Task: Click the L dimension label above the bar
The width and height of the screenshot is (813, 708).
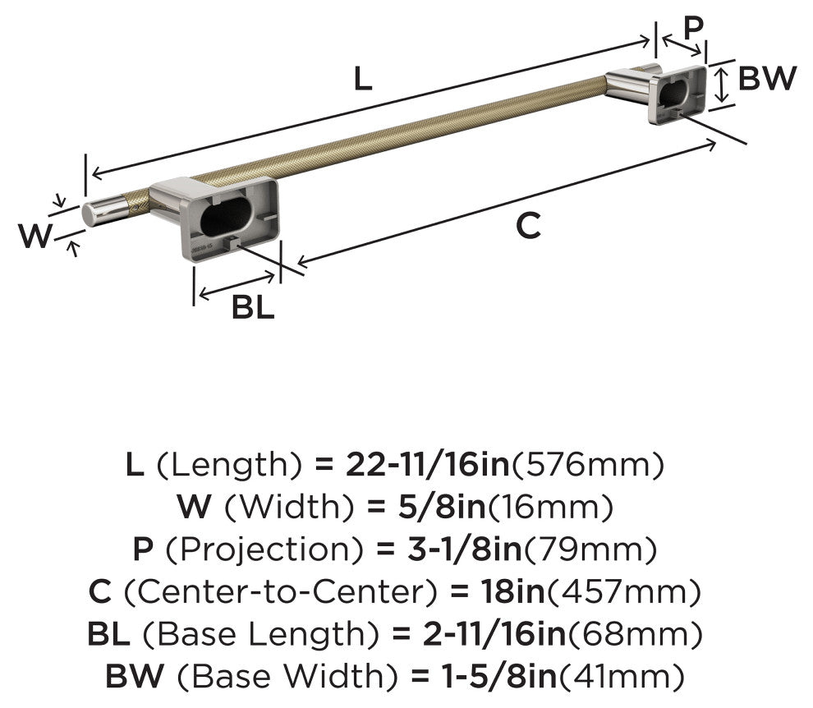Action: pyautogui.click(x=363, y=80)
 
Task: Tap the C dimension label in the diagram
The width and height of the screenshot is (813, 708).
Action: pyautogui.click(x=528, y=226)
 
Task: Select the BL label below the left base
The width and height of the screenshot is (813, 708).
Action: pyautogui.click(x=252, y=306)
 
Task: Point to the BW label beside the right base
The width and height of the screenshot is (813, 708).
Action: pyautogui.click(x=767, y=78)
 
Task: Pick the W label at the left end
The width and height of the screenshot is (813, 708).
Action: pyautogui.click(x=36, y=236)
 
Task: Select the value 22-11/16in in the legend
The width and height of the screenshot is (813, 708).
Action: pyautogui.click(x=428, y=464)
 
